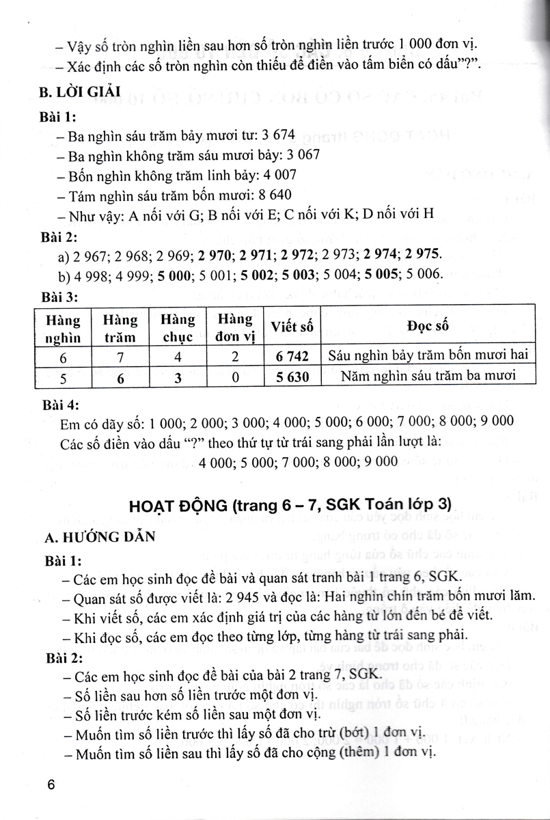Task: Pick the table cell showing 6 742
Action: pos(293,355)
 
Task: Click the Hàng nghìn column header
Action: pos(63,328)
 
